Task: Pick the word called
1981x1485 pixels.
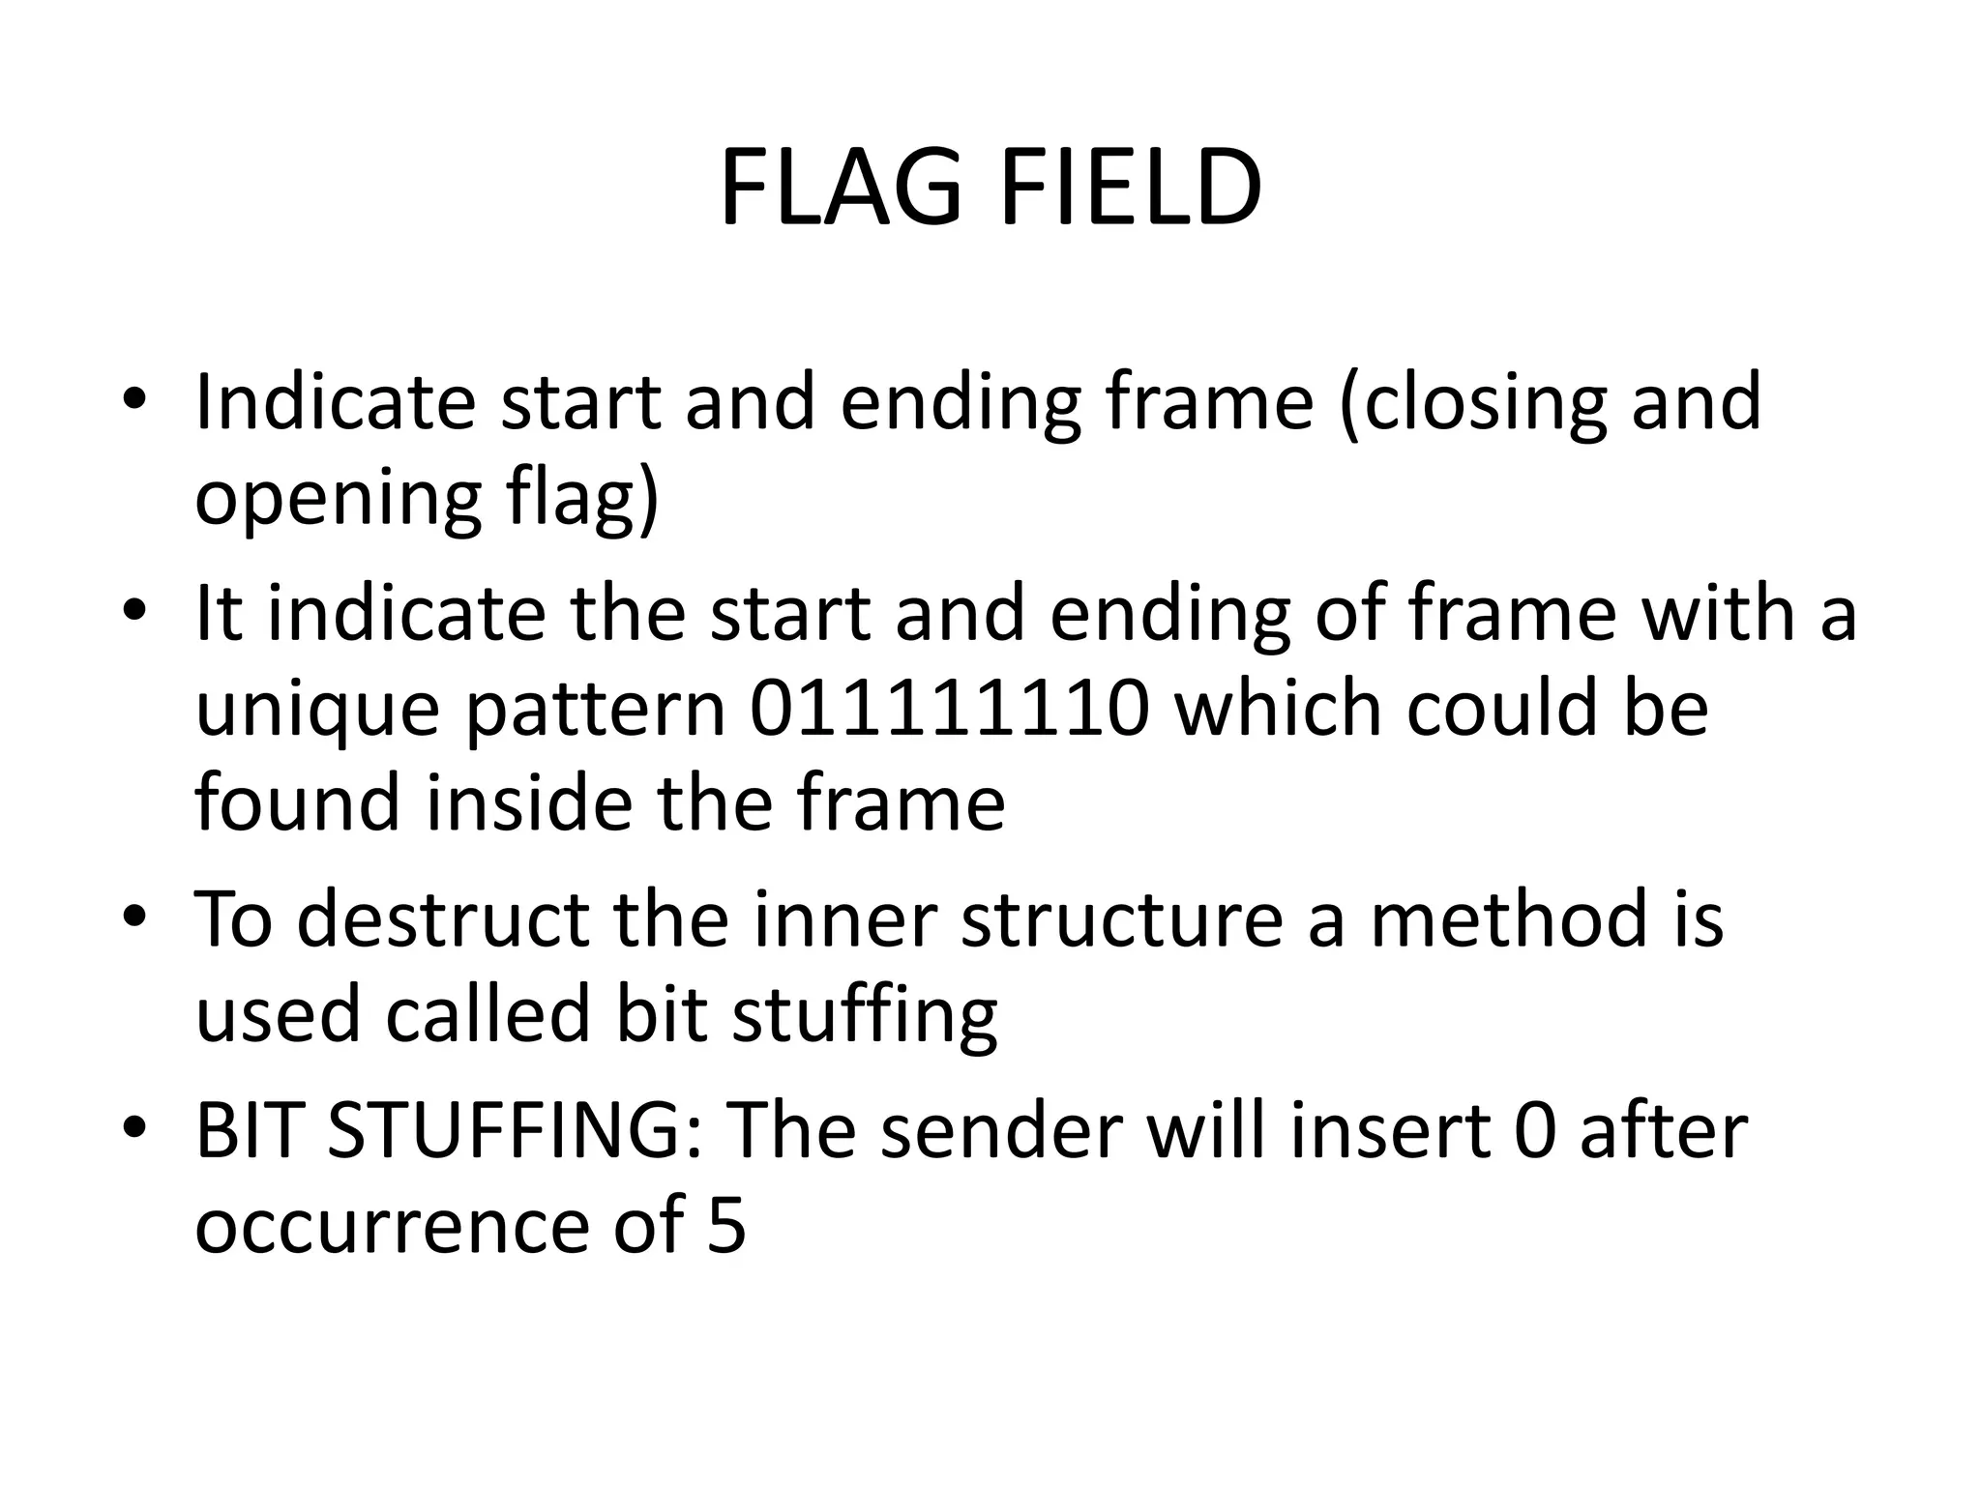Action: (x=488, y=1015)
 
